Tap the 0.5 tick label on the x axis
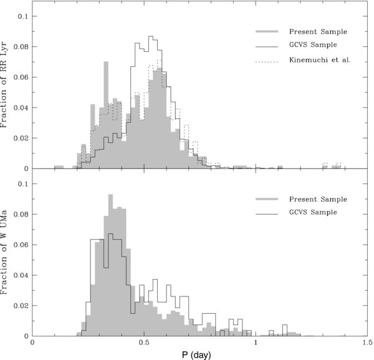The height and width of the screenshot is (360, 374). (x=144, y=342)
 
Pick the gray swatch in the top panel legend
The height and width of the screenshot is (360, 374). (x=267, y=31)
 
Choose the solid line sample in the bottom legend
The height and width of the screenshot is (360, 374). (x=267, y=212)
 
